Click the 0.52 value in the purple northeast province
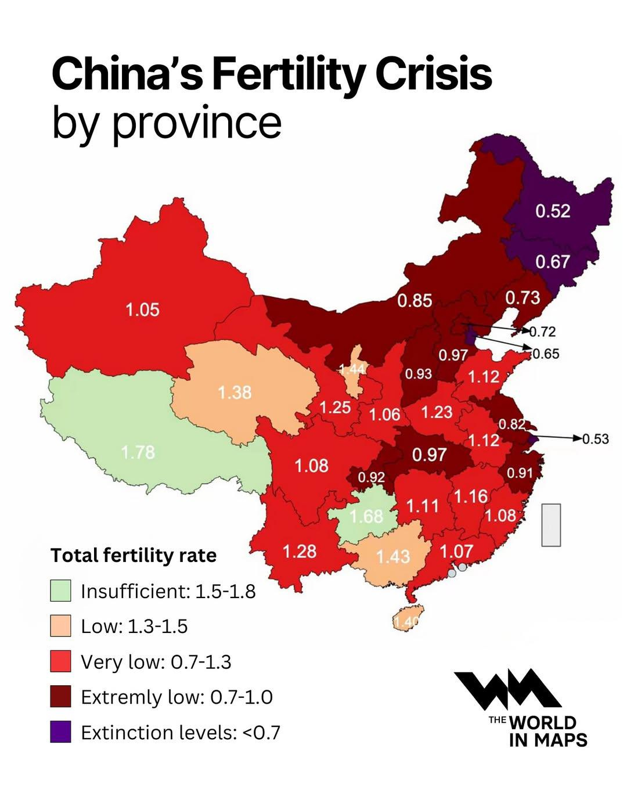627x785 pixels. coord(552,211)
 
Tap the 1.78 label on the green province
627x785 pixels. coord(138,452)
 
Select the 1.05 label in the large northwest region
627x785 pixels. coord(142,309)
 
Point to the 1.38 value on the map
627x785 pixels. coord(235,392)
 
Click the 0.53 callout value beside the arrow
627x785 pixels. coord(596,438)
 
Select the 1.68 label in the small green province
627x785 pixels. coord(366,516)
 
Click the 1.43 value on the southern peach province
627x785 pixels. coord(393,556)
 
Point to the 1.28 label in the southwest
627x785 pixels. coord(300,550)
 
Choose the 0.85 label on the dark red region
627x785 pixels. coord(415,300)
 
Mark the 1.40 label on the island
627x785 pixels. coord(406,622)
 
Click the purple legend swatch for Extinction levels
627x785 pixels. coord(60,732)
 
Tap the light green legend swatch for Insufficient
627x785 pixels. coord(60,590)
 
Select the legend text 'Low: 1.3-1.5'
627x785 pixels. coord(134,626)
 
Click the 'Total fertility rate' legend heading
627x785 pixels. coord(134,555)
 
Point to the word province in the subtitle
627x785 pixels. coord(197,123)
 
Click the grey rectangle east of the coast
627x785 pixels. coord(551,525)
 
